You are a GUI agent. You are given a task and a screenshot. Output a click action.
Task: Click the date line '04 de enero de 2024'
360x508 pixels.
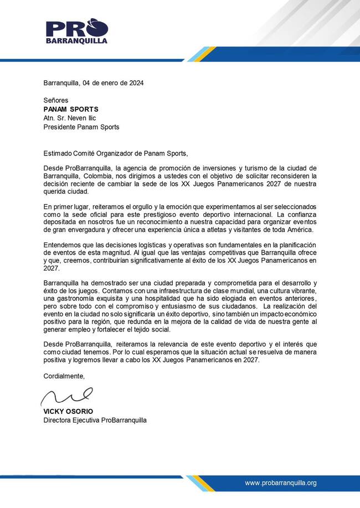[x=113, y=83]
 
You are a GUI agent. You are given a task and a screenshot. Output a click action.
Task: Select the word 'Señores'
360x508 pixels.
[x=56, y=101]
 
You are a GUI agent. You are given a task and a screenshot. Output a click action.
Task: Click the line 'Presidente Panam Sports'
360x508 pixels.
[x=81, y=127]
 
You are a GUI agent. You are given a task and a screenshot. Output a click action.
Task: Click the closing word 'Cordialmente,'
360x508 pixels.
[x=64, y=376]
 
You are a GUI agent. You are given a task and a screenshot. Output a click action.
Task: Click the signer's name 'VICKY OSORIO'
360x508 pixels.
[x=68, y=412]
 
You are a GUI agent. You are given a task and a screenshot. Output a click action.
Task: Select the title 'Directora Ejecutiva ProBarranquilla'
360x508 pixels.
[x=95, y=420]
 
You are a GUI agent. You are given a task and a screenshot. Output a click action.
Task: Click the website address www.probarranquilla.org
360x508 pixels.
[x=281, y=483]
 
